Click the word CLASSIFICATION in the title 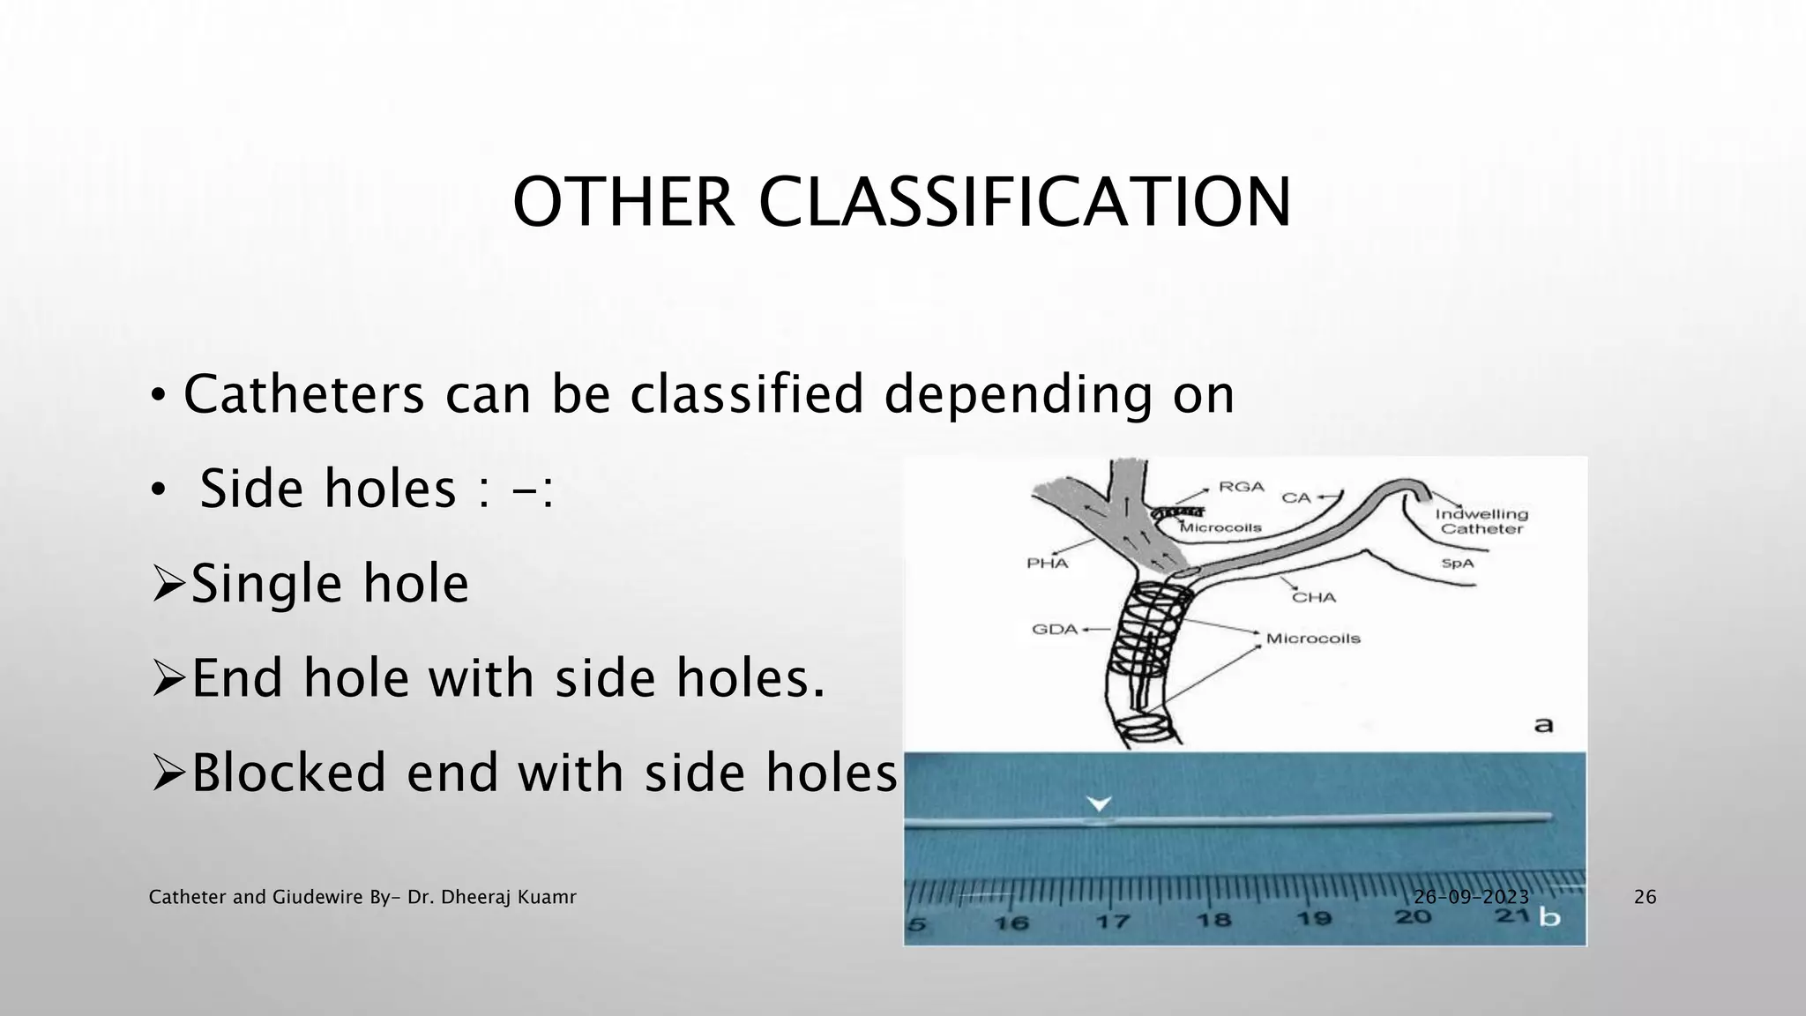(x=1025, y=202)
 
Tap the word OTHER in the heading (x=623, y=202)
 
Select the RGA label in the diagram (x=1242, y=487)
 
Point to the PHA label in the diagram (x=1047, y=563)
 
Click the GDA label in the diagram (x=1055, y=630)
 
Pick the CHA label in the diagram (x=1314, y=597)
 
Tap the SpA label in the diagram (x=1457, y=563)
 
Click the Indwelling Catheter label (x=1481, y=521)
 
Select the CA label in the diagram (x=1296, y=497)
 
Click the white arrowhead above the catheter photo (x=1099, y=803)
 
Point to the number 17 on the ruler (x=1113, y=922)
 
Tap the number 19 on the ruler (x=1314, y=919)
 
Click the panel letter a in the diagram (x=1543, y=725)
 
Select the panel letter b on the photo (x=1549, y=917)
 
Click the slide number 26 (x=1645, y=898)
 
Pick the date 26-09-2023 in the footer (x=1471, y=898)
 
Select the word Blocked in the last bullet (x=289, y=773)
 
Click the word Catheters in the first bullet (x=304, y=394)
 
